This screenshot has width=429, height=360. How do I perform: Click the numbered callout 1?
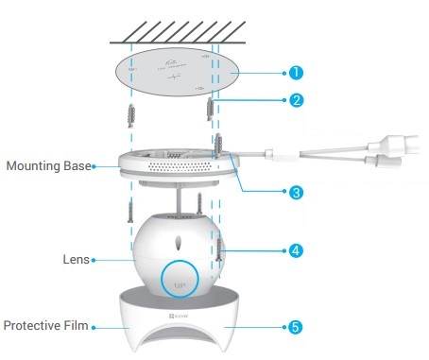coord(297,72)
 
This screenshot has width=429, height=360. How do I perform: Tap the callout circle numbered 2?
coord(297,99)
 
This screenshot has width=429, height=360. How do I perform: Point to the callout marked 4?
coord(297,250)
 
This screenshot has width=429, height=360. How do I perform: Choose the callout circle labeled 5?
coord(297,326)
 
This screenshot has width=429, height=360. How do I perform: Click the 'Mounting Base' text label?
coord(47,166)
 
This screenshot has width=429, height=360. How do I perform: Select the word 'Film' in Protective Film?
coord(75,326)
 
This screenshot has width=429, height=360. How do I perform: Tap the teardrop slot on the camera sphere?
coord(180,239)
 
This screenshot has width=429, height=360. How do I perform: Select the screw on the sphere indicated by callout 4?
coord(220,250)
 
